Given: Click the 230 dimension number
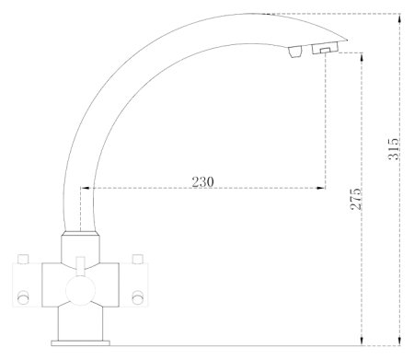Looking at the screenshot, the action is click(x=202, y=181).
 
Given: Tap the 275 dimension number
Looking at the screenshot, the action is click(x=356, y=199).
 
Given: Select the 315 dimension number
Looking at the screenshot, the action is click(x=394, y=149).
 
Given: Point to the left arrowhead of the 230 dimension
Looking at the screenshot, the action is click(x=85, y=188).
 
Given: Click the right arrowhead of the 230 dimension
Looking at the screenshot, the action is click(x=321, y=188).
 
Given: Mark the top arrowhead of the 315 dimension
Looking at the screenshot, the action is click(x=399, y=18).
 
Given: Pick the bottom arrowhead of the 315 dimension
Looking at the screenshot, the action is click(x=399, y=341).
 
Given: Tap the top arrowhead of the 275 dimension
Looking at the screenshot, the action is click(x=362, y=57).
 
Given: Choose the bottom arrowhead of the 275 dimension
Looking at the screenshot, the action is click(x=362, y=341).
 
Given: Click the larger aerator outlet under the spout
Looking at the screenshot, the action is click(x=325, y=48).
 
